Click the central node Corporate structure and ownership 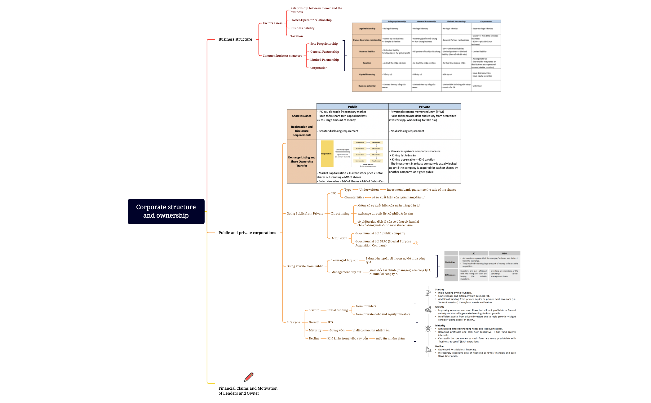[x=166, y=211]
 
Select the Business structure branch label [x=235, y=39]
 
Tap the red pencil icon [x=249, y=377]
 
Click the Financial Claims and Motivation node [x=248, y=391]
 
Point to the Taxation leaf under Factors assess [x=296, y=36]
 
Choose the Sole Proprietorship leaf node [x=324, y=44]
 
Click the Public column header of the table [x=352, y=107]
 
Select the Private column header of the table [x=424, y=107]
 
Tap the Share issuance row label [x=301, y=116]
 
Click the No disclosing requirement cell [x=407, y=131]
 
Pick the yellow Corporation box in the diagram [x=327, y=154]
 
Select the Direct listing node [x=340, y=214]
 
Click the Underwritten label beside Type [x=369, y=190]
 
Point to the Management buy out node [x=346, y=272]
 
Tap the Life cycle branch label [x=293, y=322]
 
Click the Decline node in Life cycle [x=314, y=339]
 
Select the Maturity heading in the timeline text [x=440, y=325]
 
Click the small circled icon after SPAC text [x=416, y=243]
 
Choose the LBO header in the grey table [x=473, y=253]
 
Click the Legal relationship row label [x=367, y=29]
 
